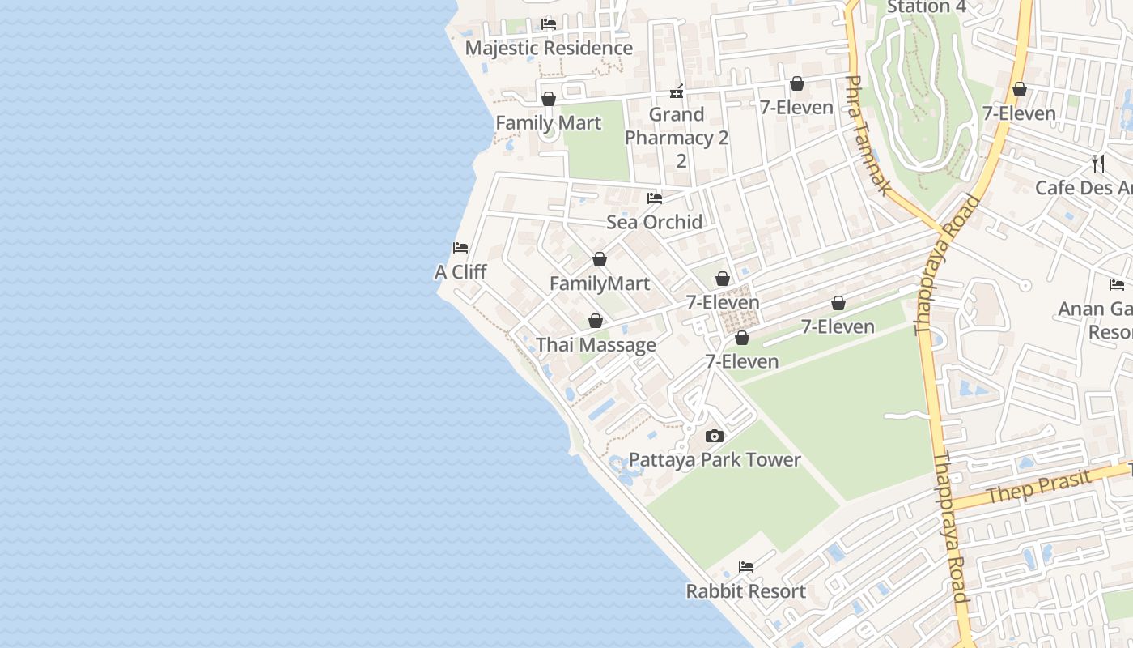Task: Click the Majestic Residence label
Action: pyautogui.click(x=549, y=48)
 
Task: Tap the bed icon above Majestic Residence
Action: pyautogui.click(x=549, y=23)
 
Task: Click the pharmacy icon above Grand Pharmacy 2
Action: pyautogui.click(x=677, y=91)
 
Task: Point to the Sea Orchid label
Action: pyautogui.click(x=655, y=222)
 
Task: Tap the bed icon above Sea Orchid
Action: pyautogui.click(x=655, y=198)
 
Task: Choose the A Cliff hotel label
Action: pyautogui.click(x=460, y=272)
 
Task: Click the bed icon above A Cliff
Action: pyautogui.click(x=460, y=247)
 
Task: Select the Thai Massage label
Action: pyautogui.click(x=596, y=345)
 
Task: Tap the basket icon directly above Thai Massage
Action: pyautogui.click(x=596, y=321)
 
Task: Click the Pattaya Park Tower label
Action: pyautogui.click(x=715, y=460)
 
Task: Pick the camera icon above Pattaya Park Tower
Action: pyautogui.click(x=714, y=437)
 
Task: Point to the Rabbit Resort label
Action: pyautogui.click(x=746, y=591)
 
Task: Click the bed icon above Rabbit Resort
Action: pyautogui.click(x=746, y=567)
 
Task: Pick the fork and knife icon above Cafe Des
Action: pyautogui.click(x=1098, y=163)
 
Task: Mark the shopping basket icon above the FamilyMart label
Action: pyautogui.click(x=600, y=259)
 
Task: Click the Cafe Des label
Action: pyautogui.click(x=1084, y=188)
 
